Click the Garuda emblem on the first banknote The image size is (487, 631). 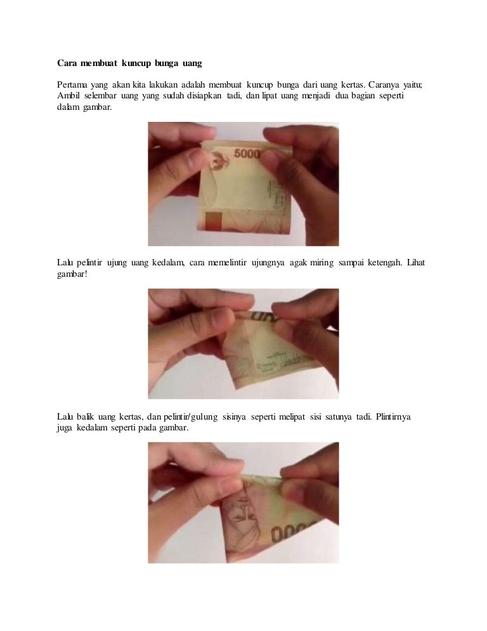click(x=219, y=161)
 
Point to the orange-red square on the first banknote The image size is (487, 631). click(x=214, y=222)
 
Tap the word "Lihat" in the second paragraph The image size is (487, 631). click(x=416, y=263)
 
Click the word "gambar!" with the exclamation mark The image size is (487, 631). click(x=72, y=274)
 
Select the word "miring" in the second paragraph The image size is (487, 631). click(x=321, y=263)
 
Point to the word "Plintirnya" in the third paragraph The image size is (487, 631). click(x=393, y=417)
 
